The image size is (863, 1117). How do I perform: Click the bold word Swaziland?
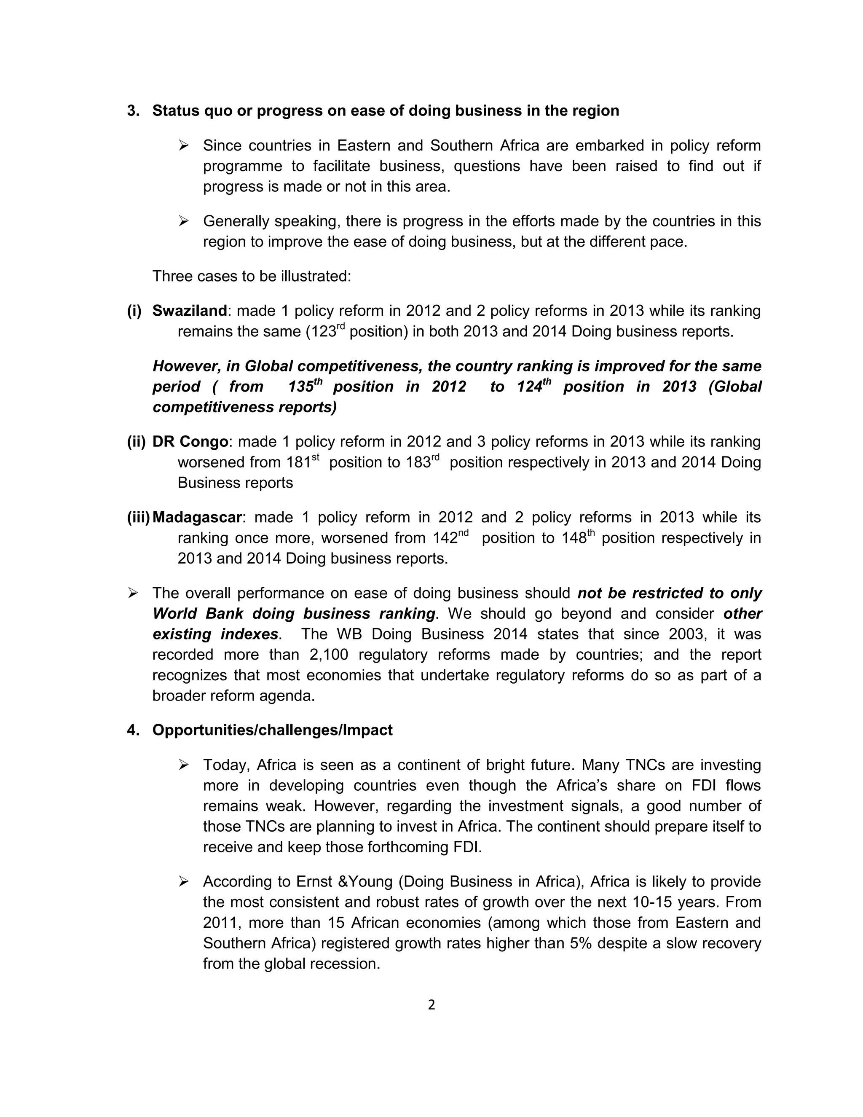pos(190,311)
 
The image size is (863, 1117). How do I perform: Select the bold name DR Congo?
pos(190,441)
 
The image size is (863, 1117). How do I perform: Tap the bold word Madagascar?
pos(197,517)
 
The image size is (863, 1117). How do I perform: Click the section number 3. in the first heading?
pos(133,111)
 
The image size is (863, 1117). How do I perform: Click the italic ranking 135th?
pos(305,386)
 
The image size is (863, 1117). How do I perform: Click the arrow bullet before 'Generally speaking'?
pos(184,221)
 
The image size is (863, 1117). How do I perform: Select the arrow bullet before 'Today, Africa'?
pos(184,765)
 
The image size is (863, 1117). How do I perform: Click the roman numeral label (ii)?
pos(137,441)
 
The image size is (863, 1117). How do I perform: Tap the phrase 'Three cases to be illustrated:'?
pos(252,276)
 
